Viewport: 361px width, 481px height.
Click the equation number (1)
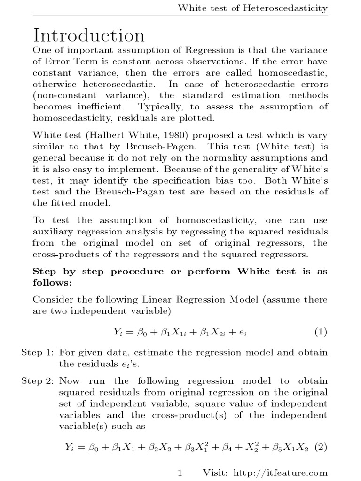(320, 332)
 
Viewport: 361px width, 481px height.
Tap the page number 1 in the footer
(180, 473)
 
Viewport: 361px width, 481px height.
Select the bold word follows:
(50, 283)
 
